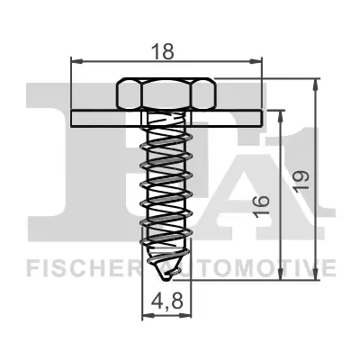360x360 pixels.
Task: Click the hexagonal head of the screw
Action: (166, 94)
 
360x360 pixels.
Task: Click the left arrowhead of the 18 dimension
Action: (74, 62)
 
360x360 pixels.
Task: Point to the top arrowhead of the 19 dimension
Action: (316, 83)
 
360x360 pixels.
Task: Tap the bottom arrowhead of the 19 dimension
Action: (316, 281)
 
